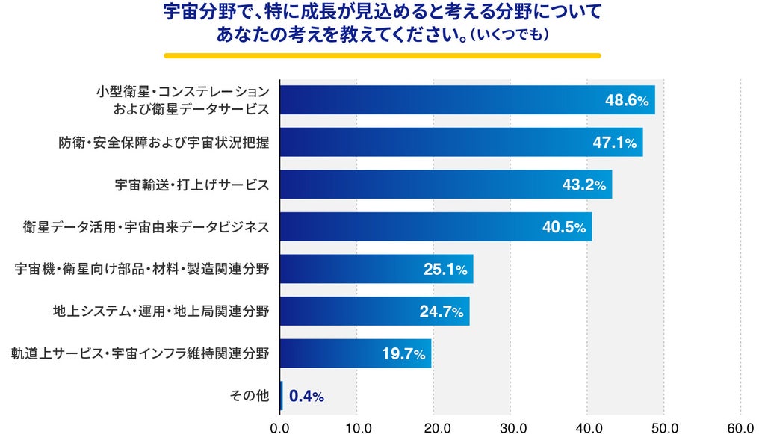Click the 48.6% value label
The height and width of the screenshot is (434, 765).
(x=627, y=100)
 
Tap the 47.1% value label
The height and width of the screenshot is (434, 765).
(x=615, y=143)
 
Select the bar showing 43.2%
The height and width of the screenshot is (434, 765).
(x=446, y=185)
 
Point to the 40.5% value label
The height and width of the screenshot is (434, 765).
(x=564, y=227)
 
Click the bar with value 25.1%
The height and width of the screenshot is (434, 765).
(x=377, y=269)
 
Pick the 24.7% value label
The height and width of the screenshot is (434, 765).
(x=442, y=311)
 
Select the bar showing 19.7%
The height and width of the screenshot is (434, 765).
(x=356, y=353)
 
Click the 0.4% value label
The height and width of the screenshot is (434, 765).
(x=306, y=396)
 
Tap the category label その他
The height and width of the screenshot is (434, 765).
(x=250, y=395)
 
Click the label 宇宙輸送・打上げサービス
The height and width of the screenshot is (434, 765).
(x=192, y=185)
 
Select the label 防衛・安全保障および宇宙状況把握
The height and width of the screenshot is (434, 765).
(x=164, y=143)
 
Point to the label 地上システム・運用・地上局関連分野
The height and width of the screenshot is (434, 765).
(x=161, y=311)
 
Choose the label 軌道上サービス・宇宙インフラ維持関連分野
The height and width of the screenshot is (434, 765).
(x=140, y=353)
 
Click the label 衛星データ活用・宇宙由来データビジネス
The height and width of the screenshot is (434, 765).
(x=146, y=227)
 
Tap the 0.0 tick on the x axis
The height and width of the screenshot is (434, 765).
(x=279, y=428)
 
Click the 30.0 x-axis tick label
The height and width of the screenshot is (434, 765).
(x=510, y=428)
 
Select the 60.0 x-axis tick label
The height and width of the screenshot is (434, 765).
(x=740, y=428)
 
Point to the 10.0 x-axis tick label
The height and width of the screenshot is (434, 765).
(x=356, y=428)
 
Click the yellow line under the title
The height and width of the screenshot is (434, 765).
(x=382, y=55)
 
